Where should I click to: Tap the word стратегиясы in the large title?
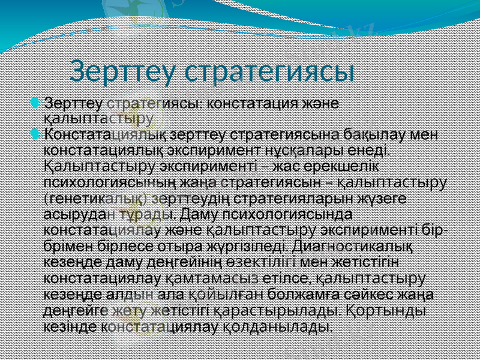point(270,73)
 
